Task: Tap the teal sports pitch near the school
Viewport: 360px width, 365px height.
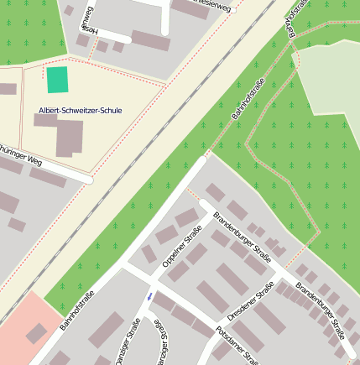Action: pos(57,80)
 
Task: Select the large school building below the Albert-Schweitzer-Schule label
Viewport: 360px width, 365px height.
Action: pos(69,138)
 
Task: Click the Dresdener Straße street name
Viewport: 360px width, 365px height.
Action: pos(251,301)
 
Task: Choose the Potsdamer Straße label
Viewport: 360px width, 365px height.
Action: pos(237,345)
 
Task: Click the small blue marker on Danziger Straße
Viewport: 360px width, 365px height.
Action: pos(149,296)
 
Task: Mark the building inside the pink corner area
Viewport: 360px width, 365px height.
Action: pos(36,333)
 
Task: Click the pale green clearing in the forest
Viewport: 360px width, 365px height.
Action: pos(331,84)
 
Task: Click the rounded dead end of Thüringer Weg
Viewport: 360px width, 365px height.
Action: pos(88,179)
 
